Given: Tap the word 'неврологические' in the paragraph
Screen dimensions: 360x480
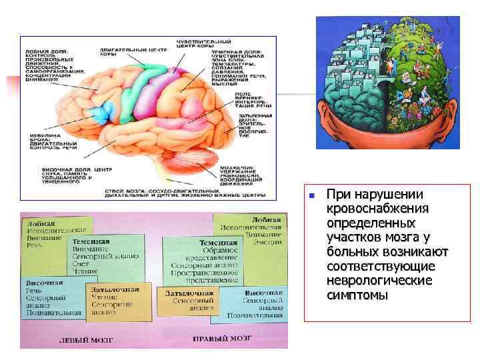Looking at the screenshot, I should [379, 281].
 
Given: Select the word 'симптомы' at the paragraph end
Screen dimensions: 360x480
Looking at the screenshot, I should [357, 295].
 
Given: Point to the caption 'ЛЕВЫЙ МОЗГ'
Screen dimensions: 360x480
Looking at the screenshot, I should [86, 339].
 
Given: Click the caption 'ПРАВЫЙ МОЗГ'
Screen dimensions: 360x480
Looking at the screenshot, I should [223, 339].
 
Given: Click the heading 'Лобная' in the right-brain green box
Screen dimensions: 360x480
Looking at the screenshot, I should [266, 219].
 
